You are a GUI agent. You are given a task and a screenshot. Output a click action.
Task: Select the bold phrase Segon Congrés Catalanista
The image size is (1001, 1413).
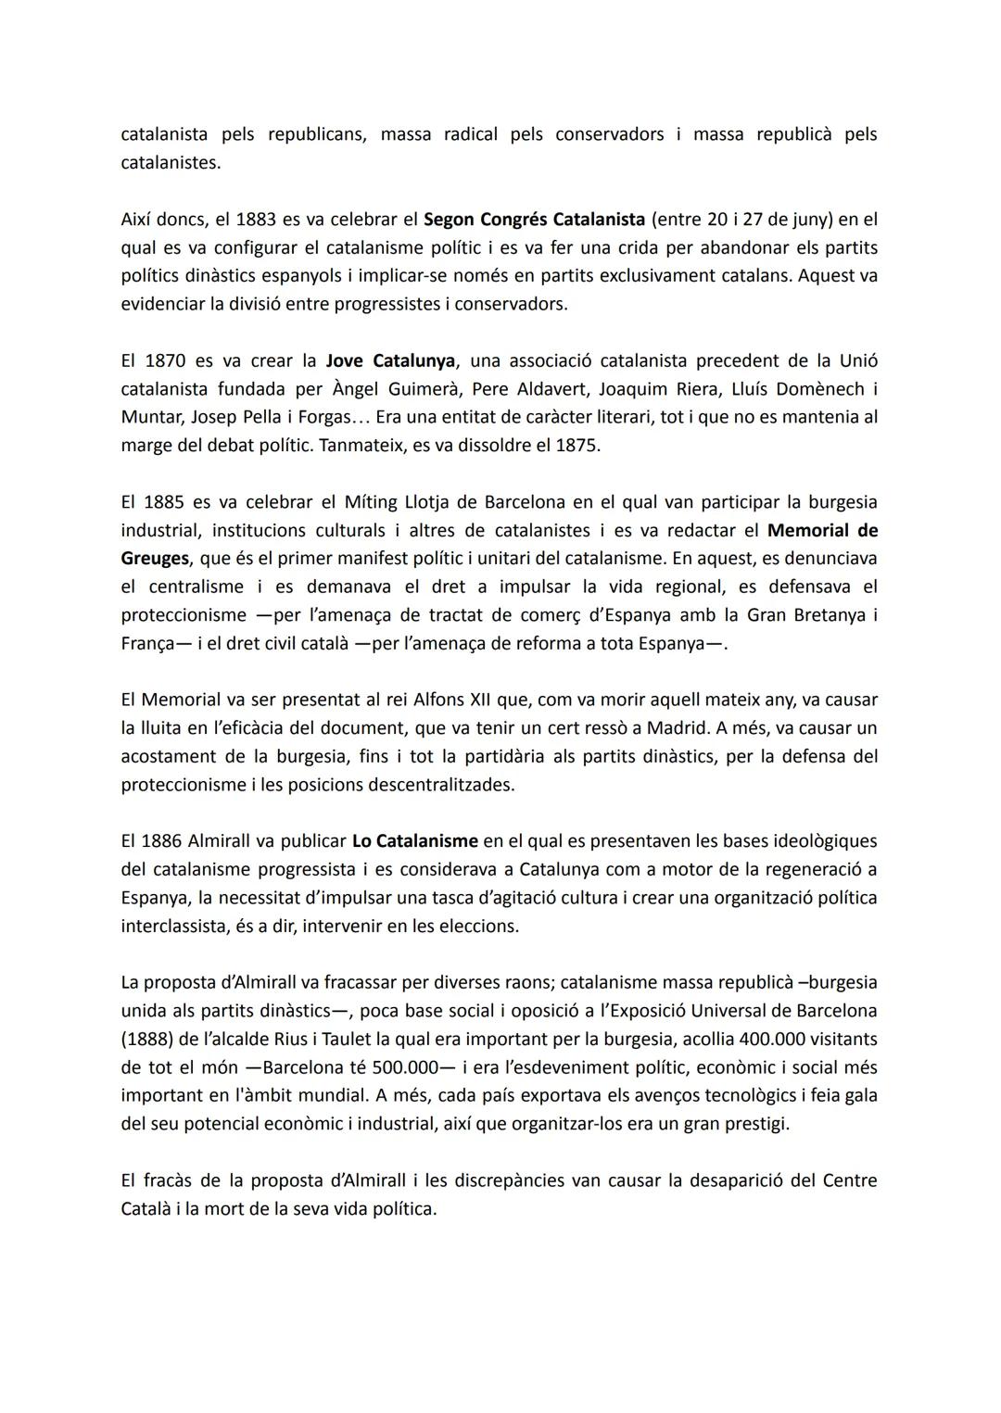pyautogui.click(x=534, y=220)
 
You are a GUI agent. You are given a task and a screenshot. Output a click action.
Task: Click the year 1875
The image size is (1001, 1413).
pyautogui.click(x=576, y=445)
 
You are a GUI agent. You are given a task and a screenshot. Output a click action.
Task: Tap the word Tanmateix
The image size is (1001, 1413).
pyautogui.click(x=356, y=445)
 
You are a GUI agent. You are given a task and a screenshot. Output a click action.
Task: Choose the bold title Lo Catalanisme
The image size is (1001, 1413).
pyautogui.click(x=415, y=841)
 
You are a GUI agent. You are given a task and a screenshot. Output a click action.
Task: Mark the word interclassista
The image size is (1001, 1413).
pyautogui.click(x=171, y=926)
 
